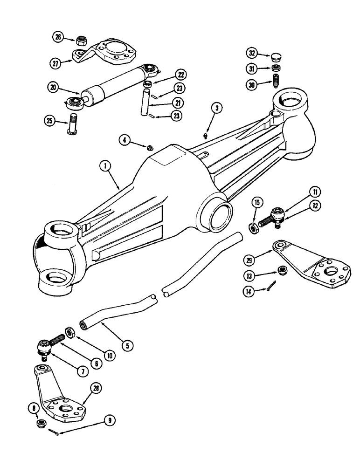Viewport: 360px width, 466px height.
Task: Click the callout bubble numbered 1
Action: pos(107,165)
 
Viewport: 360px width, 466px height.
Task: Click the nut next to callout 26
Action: pos(79,39)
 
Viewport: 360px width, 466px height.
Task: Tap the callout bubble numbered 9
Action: pos(110,420)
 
